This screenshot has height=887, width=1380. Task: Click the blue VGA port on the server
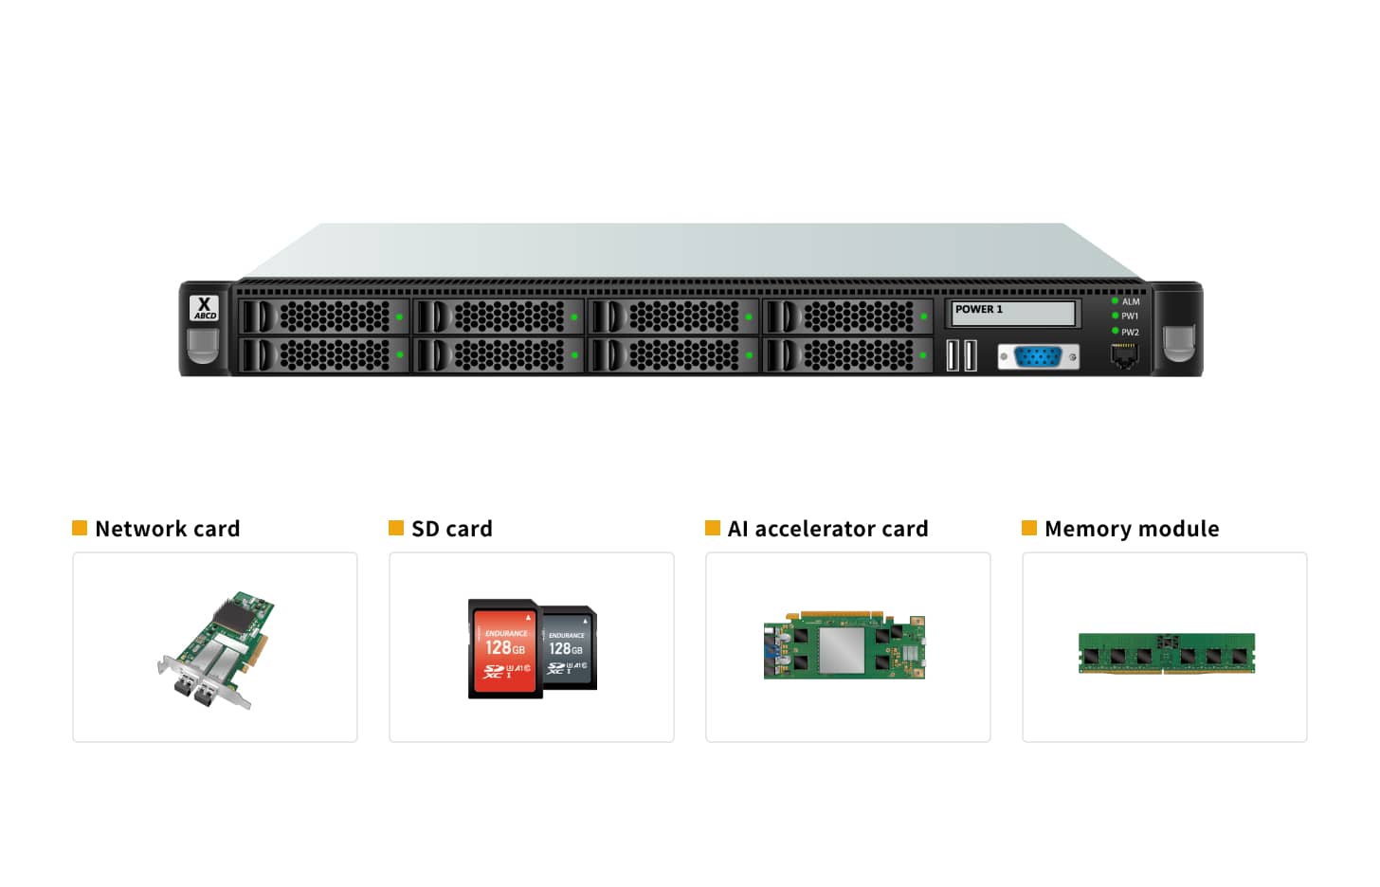(1038, 357)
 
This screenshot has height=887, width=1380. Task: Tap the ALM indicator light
(1115, 301)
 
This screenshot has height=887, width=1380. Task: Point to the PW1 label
(1130, 317)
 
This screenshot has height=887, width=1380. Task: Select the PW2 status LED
(1115, 331)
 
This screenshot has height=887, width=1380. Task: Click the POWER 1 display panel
(1012, 313)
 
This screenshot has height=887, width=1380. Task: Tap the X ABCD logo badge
(204, 308)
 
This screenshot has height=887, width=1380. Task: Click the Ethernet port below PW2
(1123, 356)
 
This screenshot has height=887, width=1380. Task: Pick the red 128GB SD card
(504, 649)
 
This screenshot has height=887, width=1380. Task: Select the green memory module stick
(1166, 654)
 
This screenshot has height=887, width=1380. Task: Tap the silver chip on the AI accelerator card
(842, 650)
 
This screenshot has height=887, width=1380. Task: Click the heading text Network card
(168, 529)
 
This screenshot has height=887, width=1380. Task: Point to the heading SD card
(452, 529)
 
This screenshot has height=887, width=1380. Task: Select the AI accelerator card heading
(827, 529)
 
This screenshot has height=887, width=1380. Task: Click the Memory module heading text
(1132, 529)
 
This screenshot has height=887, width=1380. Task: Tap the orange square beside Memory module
(1029, 528)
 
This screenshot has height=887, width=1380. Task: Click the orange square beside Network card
(80, 528)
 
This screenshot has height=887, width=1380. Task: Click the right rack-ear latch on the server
(1178, 343)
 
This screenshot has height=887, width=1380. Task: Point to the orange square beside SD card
(396, 528)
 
